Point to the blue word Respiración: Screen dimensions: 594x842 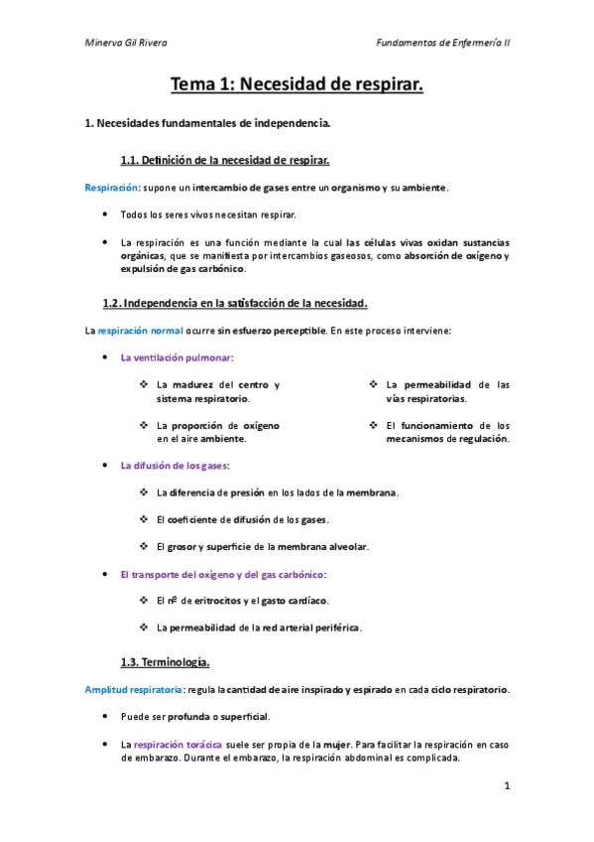click(111, 187)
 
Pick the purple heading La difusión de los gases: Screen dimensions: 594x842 click(174, 465)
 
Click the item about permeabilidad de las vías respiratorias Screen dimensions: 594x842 click(447, 391)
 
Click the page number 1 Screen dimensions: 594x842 click(506, 786)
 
